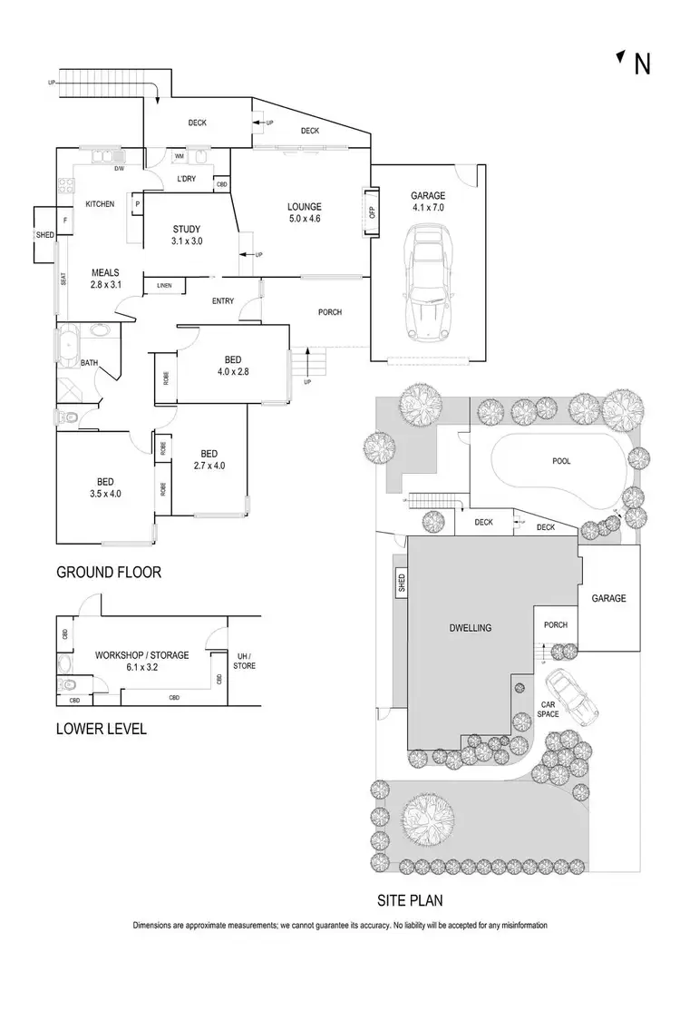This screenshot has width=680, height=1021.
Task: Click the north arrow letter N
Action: point(642,64)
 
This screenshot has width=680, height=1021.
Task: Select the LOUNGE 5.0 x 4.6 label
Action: point(304,212)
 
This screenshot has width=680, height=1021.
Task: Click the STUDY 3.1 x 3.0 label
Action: point(186,235)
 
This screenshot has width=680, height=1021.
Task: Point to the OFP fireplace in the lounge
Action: point(371,212)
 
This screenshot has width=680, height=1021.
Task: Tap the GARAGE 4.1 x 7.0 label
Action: point(427,201)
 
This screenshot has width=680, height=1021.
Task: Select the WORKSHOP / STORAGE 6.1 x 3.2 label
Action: point(141,660)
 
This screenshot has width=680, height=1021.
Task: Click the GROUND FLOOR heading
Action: point(109,572)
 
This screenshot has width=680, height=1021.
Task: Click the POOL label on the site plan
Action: point(561,461)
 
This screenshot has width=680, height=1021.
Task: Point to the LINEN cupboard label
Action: point(163,286)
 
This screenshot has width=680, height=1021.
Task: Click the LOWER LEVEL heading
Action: point(101,729)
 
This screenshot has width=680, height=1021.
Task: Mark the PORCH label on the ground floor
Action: point(329,312)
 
